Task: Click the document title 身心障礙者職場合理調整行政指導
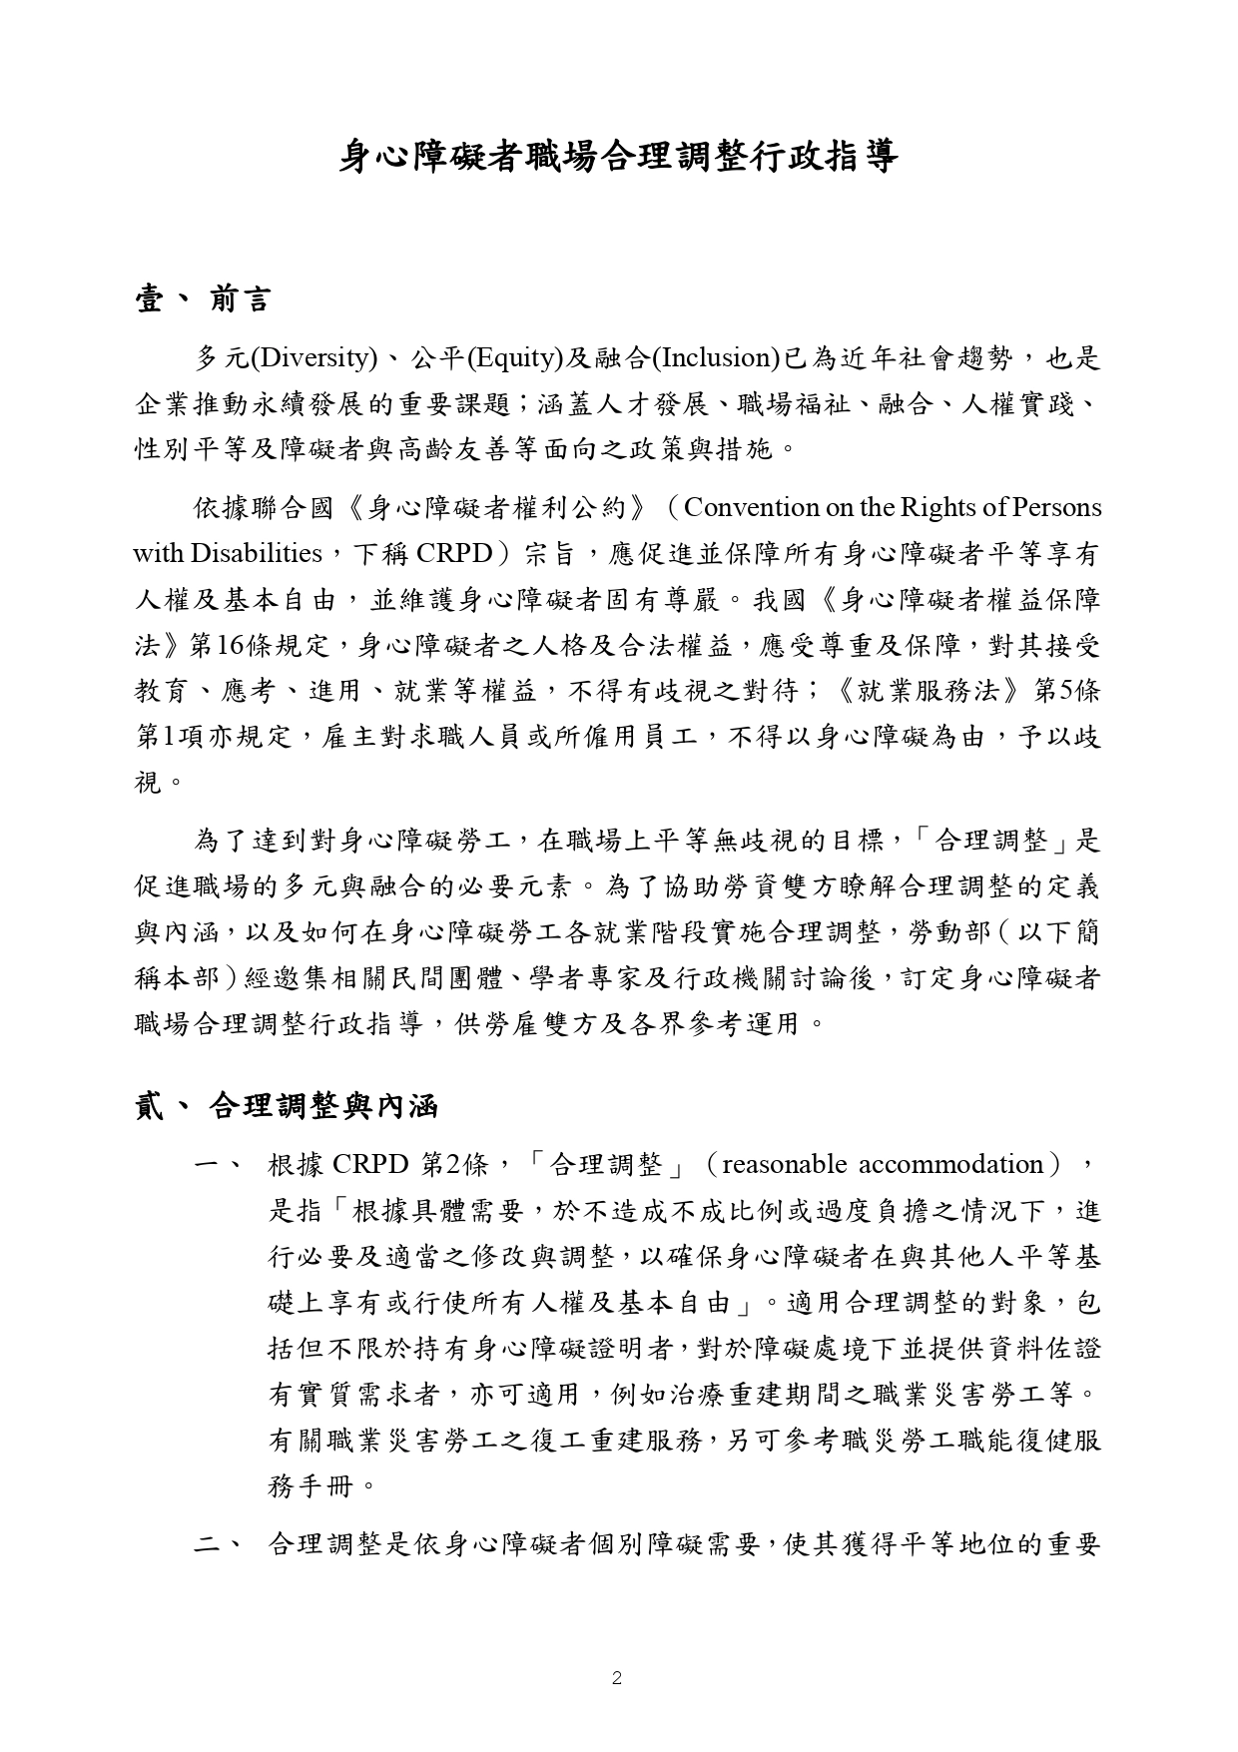pyautogui.click(x=618, y=158)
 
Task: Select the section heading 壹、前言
pyautogui.click(x=202, y=298)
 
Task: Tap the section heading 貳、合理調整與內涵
pyautogui.click(x=287, y=1107)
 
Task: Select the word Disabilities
pyautogui.click(x=257, y=553)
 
